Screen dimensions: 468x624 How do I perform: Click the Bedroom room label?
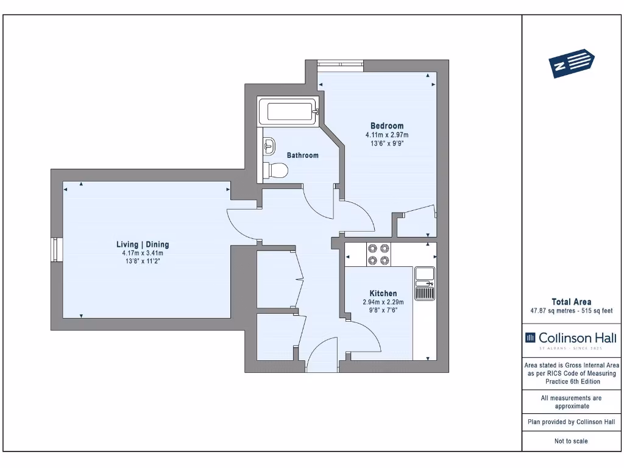(387, 126)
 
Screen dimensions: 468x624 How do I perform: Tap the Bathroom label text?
(303, 155)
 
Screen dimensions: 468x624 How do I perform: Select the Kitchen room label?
(383, 293)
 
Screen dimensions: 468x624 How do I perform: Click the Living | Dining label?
(143, 244)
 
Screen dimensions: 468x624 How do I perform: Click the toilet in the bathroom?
(276, 171)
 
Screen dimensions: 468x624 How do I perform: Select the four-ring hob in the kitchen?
(378, 254)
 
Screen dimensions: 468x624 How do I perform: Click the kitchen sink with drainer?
(425, 283)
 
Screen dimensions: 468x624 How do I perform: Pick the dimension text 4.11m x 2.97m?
(387, 135)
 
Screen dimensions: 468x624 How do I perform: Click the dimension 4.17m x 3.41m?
(143, 253)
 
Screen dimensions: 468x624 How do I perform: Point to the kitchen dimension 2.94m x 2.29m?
(383, 302)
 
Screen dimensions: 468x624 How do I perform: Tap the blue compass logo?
(572, 63)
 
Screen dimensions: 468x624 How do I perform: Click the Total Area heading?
(571, 302)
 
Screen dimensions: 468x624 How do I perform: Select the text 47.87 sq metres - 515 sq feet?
(571, 311)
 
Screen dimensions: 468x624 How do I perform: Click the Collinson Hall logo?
(571, 339)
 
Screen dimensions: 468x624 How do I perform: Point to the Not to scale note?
(571, 441)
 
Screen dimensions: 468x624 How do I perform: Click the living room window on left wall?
(57, 250)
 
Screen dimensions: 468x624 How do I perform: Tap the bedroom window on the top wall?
(340, 64)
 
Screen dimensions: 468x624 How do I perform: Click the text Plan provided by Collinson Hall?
(571, 422)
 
